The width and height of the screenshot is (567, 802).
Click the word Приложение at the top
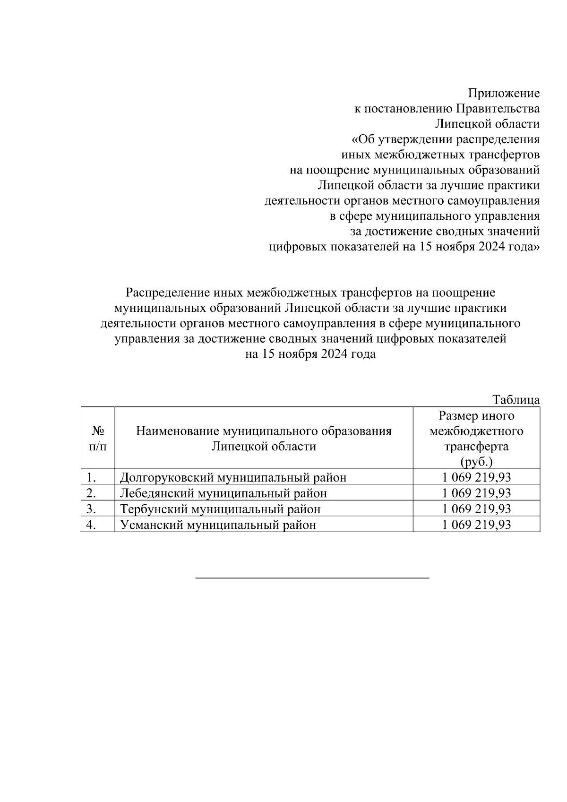point(504,93)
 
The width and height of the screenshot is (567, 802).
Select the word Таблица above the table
point(516,400)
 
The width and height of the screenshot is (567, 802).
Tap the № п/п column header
point(98,439)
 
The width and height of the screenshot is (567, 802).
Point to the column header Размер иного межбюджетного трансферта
point(476,431)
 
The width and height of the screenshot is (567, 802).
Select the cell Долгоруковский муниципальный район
point(233,477)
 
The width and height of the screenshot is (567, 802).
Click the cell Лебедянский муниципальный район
point(223,493)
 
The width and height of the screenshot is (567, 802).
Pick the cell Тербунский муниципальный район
point(220,509)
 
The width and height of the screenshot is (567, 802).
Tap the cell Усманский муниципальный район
point(218,525)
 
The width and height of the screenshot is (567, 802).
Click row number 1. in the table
point(92,477)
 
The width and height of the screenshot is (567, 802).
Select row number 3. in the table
point(92,509)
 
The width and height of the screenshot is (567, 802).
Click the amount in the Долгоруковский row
point(476,477)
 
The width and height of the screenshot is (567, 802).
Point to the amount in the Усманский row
point(476,525)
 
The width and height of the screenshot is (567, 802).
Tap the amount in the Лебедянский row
point(476,493)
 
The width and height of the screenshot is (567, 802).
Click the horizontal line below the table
point(312,578)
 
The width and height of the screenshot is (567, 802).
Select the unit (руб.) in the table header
point(476,462)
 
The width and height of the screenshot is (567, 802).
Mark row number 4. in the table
point(92,525)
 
